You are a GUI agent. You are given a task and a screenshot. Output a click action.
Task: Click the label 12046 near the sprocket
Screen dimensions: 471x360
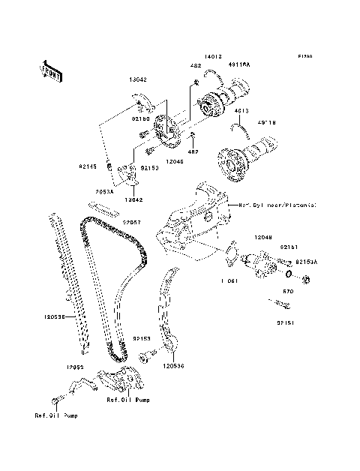(x=175, y=161)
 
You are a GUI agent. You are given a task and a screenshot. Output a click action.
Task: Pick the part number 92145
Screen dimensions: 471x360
(x=88, y=166)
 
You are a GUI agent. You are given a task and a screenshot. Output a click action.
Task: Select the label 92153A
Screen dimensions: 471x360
(x=307, y=262)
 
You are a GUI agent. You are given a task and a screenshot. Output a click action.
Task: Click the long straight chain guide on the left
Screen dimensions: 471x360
(x=67, y=285)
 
